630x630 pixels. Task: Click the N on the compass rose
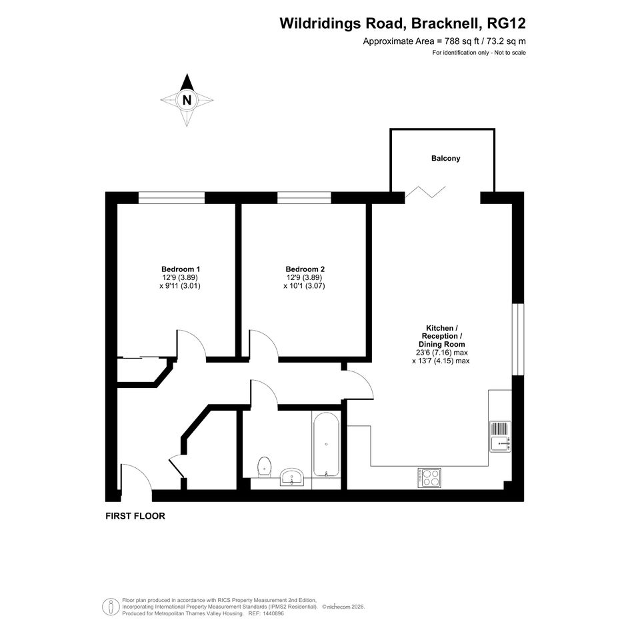point(187,100)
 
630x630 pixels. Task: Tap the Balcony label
point(445,158)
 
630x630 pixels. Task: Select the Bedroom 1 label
point(181,269)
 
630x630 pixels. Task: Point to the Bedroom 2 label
point(305,269)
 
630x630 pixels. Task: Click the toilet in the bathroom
point(264,467)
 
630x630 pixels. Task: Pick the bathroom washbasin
point(292,477)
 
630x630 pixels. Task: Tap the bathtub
point(326,444)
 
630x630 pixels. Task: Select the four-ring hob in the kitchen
point(429,478)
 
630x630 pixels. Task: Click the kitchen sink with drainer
point(500,437)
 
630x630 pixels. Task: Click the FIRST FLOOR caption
point(135,516)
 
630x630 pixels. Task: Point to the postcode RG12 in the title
point(506,23)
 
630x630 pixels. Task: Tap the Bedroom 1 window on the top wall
point(171,198)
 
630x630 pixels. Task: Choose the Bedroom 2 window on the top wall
point(304,198)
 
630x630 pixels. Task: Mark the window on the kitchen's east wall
point(518,339)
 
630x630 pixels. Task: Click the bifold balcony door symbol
point(425,192)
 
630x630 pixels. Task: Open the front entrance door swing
point(136,477)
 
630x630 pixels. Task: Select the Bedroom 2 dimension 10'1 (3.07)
point(304,286)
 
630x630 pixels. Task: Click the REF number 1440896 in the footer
point(273,613)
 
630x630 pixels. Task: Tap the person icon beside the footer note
point(111,607)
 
